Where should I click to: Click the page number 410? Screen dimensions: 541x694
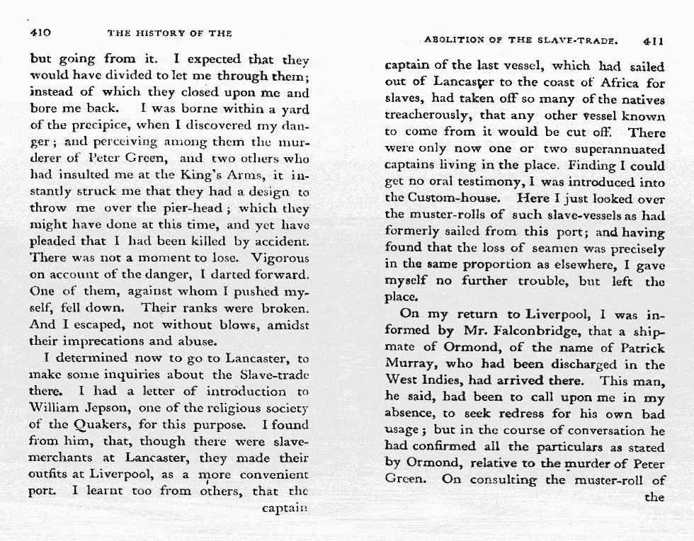tap(40, 33)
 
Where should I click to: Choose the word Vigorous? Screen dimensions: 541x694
tap(280, 258)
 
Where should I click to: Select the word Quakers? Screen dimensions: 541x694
tap(105, 426)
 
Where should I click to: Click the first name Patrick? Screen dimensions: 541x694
tap(642, 348)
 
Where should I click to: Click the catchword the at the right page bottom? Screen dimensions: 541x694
tap(655, 496)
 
